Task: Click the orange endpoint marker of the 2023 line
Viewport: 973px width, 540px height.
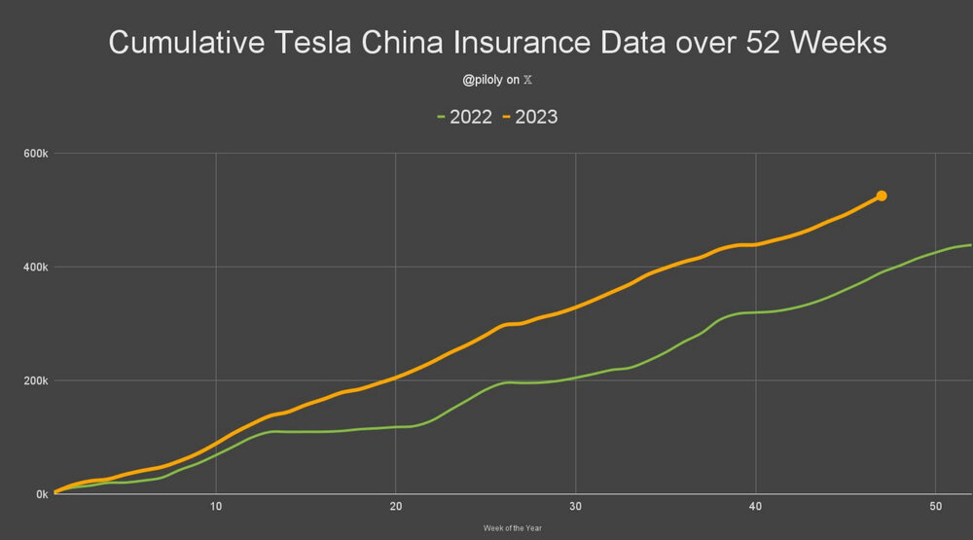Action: pyautogui.click(x=882, y=197)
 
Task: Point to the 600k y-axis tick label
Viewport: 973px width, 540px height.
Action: pyautogui.click(x=37, y=154)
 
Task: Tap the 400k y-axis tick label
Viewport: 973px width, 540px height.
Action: pyautogui.click(x=37, y=268)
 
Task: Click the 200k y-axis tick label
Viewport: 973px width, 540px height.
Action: pyautogui.click(x=37, y=381)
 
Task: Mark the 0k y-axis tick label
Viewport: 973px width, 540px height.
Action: pyautogui.click(x=42, y=495)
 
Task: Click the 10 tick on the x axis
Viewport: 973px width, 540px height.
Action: pyautogui.click(x=216, y=507)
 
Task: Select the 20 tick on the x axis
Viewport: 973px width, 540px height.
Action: pyautogui.click(x=396, y=507)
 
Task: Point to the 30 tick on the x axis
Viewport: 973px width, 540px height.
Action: pyautogui.click(x=576, y=507)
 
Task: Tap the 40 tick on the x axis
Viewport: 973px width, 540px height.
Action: pyautogui.click(x=755, y=507)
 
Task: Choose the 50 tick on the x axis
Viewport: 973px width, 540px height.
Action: pyautogui.click(x=935, y=507)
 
